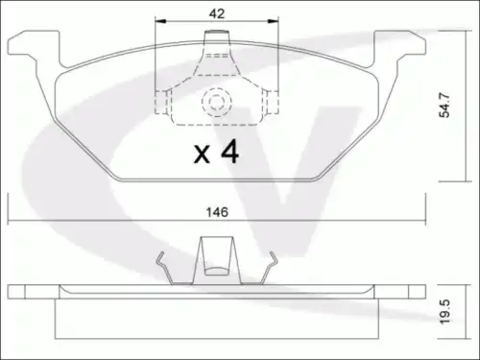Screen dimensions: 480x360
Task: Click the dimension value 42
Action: coord(217,13)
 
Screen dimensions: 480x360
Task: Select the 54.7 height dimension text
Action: coord(444,106)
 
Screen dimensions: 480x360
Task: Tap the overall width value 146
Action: coord(217,212)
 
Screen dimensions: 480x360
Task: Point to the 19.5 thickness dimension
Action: coord(444,312)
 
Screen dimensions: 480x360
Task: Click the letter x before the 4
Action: coord(202,155)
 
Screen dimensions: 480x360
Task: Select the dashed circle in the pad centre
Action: coord(216,102)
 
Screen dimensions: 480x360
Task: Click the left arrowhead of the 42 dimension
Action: coord(160,21)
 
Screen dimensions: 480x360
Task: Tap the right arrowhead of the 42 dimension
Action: coord(273,21)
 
